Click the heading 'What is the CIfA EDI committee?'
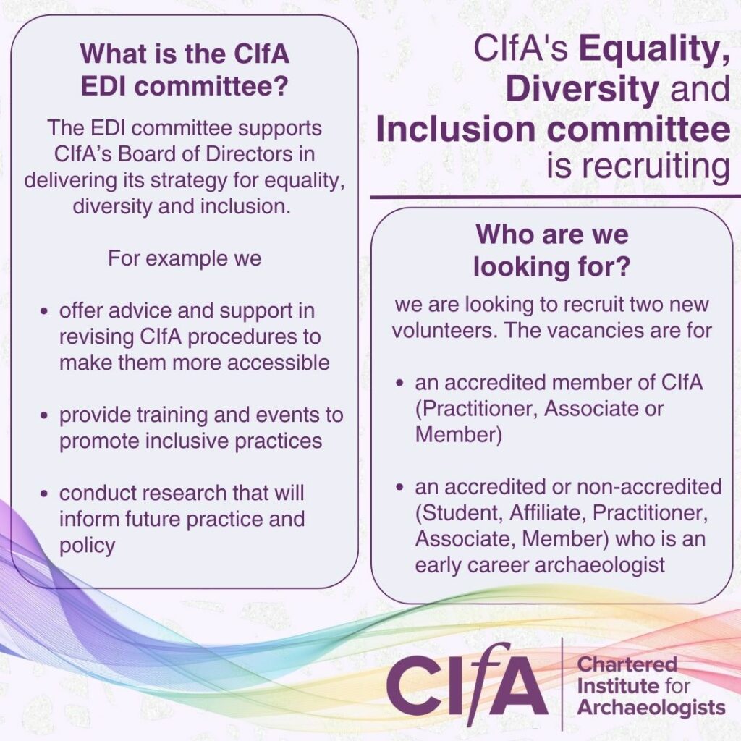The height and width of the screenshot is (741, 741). pos(185,69)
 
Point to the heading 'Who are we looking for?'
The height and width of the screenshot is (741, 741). pos(552,250)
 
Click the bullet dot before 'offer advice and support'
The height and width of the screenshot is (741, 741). pos(44,311)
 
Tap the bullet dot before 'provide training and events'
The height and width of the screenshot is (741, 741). pos(44,415)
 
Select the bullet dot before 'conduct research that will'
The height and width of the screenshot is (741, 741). pos(44,494)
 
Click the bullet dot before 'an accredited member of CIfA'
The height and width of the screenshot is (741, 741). pos(399,384)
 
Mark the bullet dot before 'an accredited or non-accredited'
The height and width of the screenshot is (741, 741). pos(399,487)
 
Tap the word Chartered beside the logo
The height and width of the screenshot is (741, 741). pos(627,664)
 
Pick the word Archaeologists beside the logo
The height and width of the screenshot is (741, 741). pos(651,708)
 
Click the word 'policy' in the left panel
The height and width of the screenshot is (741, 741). pos(88,546)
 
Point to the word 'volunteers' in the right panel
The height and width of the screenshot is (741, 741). pos(444,330)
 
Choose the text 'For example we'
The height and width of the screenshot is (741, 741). pos(185,258)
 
